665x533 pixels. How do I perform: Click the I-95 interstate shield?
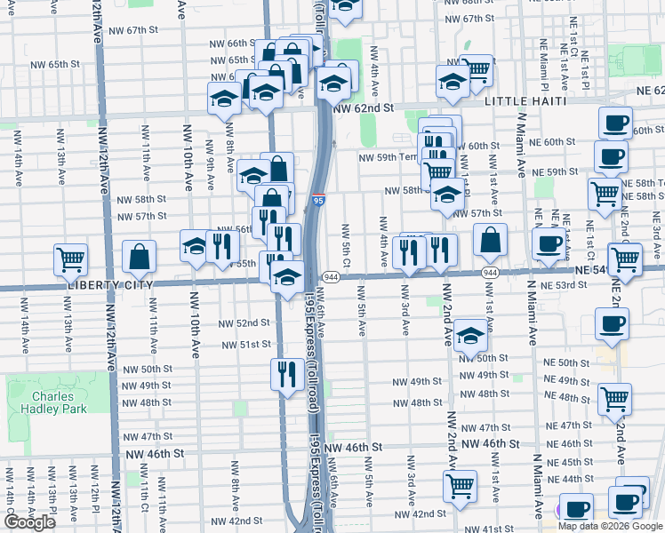(x=318, y=202)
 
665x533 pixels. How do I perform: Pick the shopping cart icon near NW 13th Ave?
(x=70, y=259)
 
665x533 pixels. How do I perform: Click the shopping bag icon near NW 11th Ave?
(x=140, y=258)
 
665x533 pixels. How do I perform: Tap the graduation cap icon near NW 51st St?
(x=470, y=337)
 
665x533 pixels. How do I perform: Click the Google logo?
(x=29, y=522)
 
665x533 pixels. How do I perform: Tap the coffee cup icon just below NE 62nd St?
(x=613, y=123)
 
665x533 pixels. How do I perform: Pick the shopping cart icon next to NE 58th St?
(x=605, y=192)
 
